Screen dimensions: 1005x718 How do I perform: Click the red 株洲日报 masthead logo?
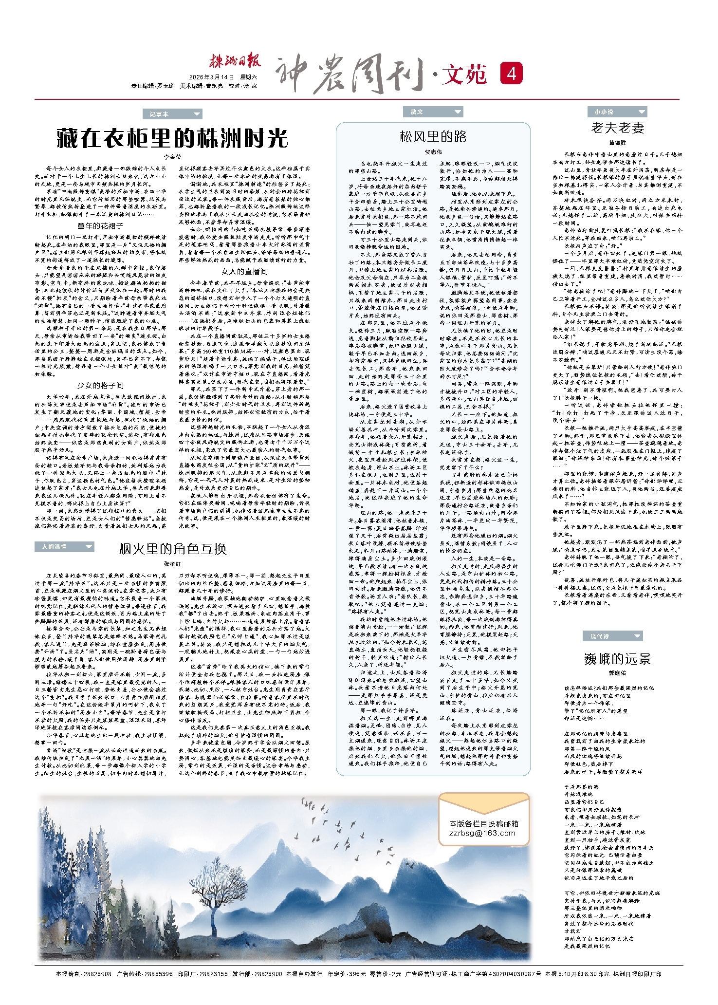click(x=235, y=61)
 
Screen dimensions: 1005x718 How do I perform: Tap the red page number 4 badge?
click(x=511, y=74)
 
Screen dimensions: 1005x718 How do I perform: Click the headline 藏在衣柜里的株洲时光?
click(x=172, y=138)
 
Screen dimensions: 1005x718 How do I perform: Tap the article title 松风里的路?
click(x=433, y=136)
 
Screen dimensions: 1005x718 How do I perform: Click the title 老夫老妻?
click(x=617, y=128)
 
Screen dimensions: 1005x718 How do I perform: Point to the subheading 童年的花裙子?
click(x=100, y=226)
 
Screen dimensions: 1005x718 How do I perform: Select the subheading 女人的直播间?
click(x=244, y=271)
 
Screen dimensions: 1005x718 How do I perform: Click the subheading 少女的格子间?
click(x=100, y=385)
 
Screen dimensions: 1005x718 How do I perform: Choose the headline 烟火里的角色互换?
click(x=172, y=549)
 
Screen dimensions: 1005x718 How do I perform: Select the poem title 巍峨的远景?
click(x=617, y=659)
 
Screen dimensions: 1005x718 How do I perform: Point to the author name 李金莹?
click(x=172, y=157)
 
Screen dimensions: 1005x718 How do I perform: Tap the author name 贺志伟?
click(x=433, y=152)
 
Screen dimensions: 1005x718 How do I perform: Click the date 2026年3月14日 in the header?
click(x=211, y=77)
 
